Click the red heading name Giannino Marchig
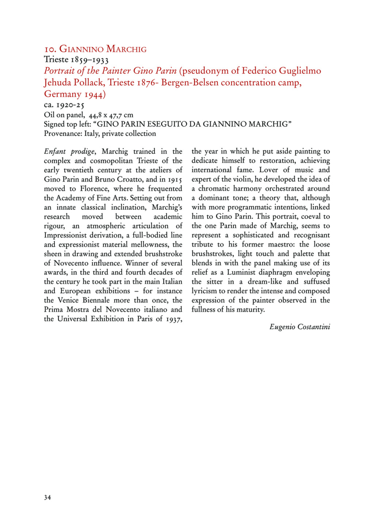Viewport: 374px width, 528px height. click(x=103, y=49)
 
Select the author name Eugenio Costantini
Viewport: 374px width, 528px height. click(x=299, y=327)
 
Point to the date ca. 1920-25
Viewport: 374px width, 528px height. click(x=64, y=105)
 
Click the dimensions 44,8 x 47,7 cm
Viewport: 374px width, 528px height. click(x=111, y=115)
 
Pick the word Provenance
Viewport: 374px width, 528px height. click(x=62, y=133)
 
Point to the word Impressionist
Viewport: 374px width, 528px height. click(x=67, y=235)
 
